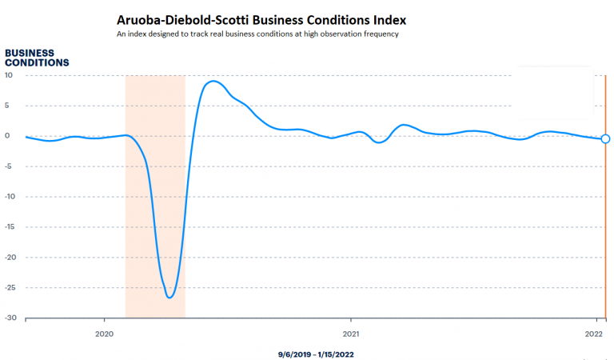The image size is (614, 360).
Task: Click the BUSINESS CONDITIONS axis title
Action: pyautogui.click(x=37, y=58)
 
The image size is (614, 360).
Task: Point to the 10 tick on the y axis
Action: pyautogui.click(x=9, y=75)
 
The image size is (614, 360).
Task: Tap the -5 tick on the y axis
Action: pyautogui.click(x=9, y=166)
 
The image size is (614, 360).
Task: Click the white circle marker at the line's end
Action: pyautogui.click(x=605, y=138)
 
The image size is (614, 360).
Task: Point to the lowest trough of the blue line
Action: pyautogui.click(x=169, y=298)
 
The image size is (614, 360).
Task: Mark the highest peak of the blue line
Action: pyautogui.click(x=213, y=81)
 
